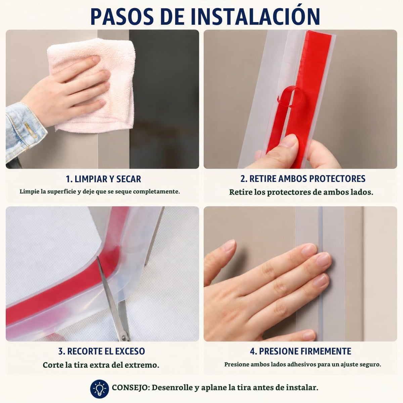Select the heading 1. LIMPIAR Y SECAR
coord(103,179)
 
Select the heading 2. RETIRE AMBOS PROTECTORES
coord(303,179)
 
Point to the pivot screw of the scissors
coord(124,337)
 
